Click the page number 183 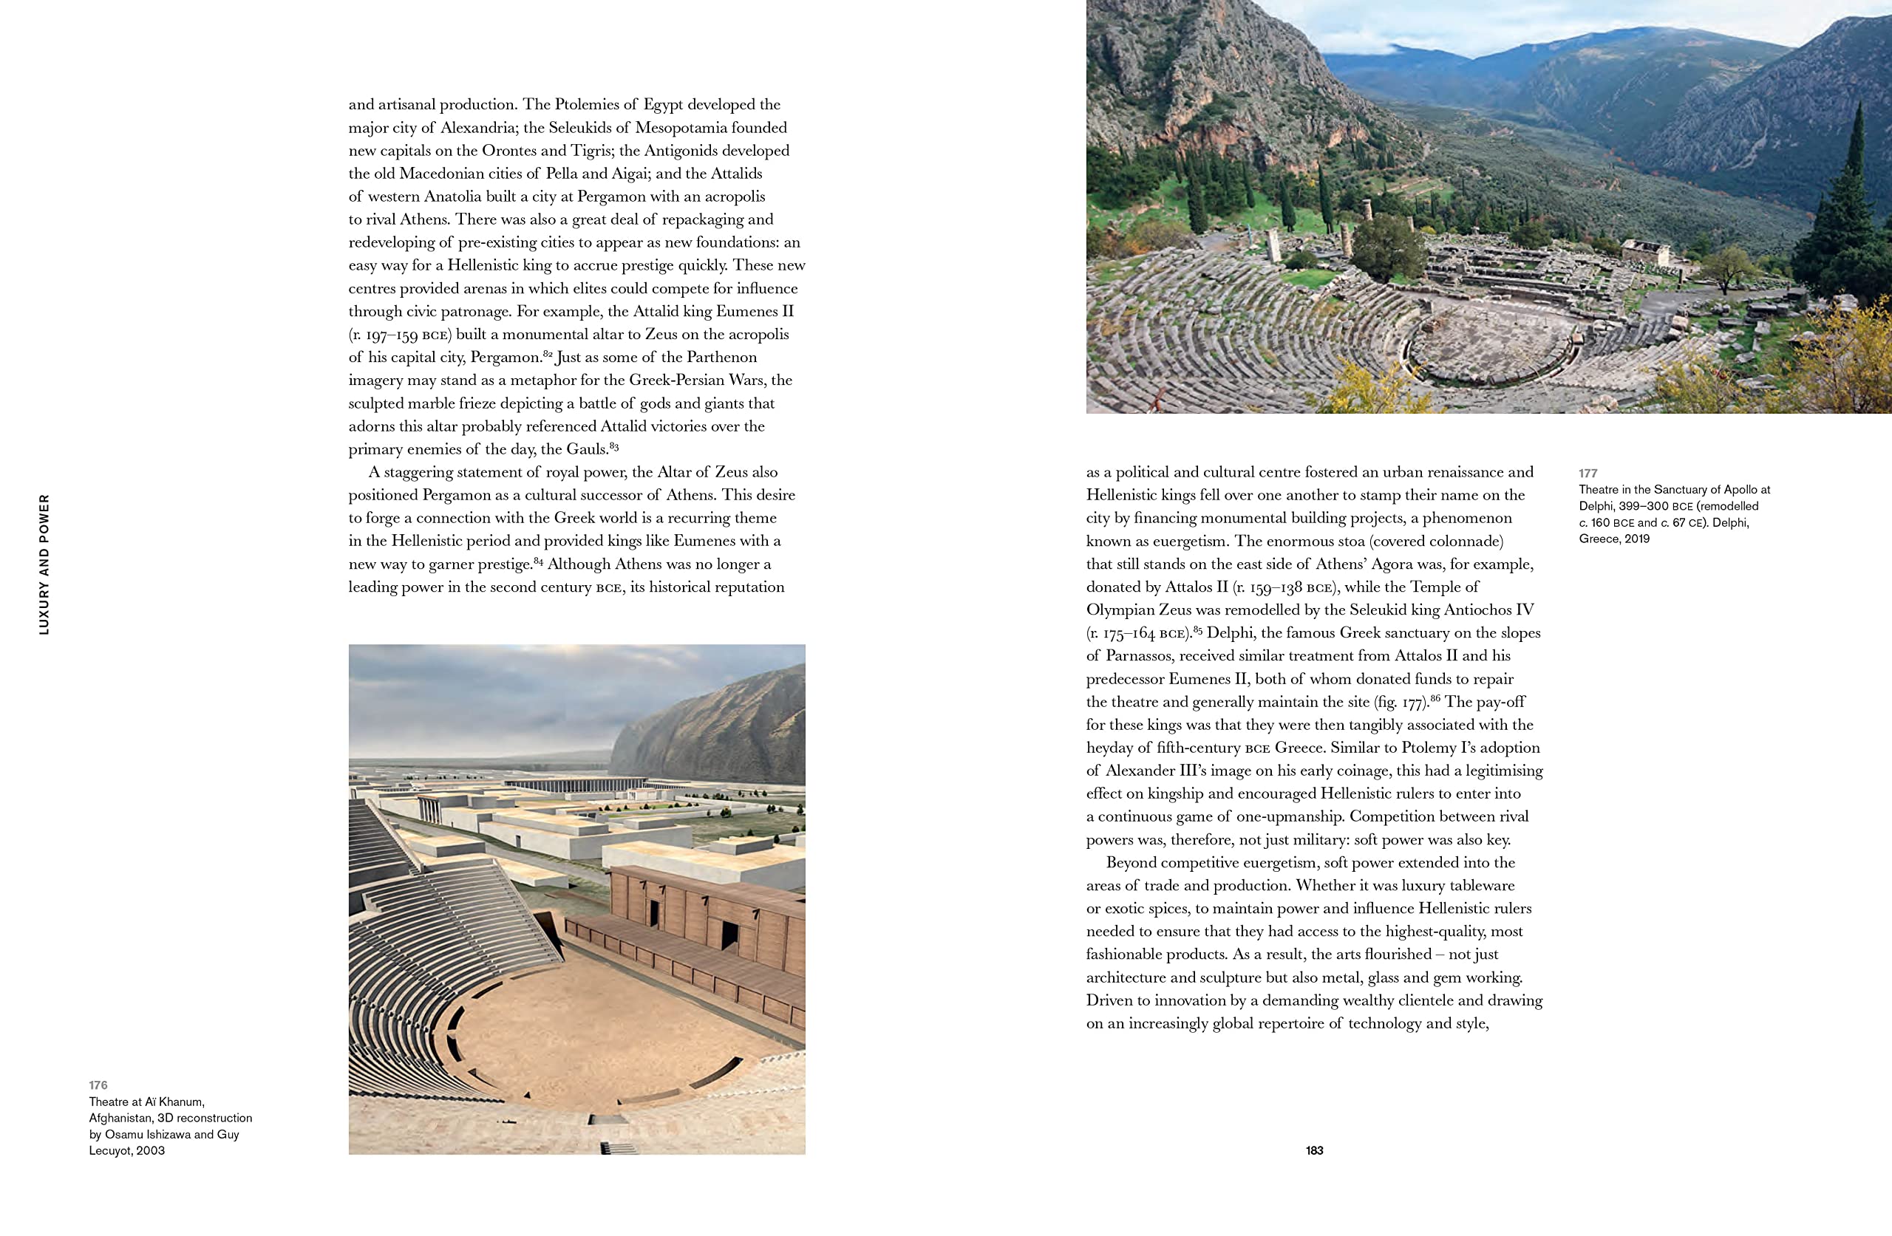click(1314, 1150)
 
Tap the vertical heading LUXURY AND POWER click(44, 564)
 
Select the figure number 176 click(98, 1085)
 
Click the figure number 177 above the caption click(1588, 473)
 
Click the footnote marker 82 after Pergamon click(548, 353)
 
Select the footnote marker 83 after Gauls click(613, 446)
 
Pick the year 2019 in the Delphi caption click(1637, 539)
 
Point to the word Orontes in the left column click(509, 150)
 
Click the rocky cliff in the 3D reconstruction click(715, 723)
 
